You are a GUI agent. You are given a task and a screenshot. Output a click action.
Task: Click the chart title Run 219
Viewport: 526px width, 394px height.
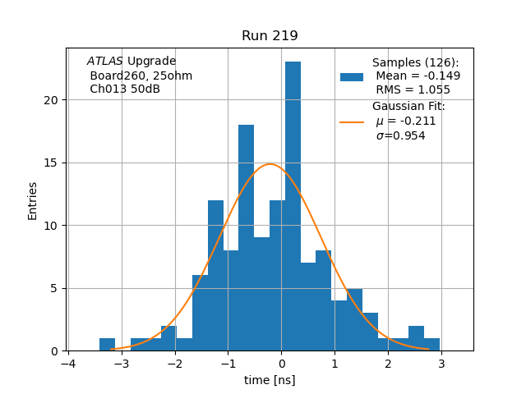pos(270,36)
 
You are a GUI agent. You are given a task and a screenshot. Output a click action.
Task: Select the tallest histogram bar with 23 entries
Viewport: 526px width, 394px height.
pos(293,205)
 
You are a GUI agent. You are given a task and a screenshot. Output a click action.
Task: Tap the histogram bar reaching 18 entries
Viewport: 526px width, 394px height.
pos(246,238)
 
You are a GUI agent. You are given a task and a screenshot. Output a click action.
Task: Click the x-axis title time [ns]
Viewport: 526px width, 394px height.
pos(270,380)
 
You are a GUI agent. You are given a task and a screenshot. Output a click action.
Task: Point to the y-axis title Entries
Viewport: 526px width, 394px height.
pos(33,200)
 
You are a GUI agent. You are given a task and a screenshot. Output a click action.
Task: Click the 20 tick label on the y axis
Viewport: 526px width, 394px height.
pos(52,100)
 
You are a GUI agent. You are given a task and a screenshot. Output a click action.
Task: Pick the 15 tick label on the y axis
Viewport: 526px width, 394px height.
pos(52,163)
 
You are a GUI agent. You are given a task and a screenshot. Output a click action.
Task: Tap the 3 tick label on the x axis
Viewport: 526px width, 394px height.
pos(441,364)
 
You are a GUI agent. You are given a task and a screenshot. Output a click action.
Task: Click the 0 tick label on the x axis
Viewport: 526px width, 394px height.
pos(282,364)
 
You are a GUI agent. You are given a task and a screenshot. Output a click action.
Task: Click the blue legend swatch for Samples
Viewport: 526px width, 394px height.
pos(352,76)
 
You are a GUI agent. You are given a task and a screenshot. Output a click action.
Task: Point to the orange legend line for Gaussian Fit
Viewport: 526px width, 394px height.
pos(352,121)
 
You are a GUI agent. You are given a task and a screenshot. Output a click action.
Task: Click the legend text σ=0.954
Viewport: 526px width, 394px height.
pos(400,136)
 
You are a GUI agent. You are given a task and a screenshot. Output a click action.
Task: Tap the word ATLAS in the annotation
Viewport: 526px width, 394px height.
pos(105,62)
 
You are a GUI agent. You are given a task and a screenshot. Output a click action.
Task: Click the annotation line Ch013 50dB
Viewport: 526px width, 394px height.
pos(125,89)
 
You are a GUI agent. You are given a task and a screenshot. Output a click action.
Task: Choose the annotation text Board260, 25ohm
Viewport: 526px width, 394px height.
pos(141,76)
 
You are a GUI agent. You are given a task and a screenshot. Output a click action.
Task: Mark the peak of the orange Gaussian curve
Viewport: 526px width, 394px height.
pos(270,164)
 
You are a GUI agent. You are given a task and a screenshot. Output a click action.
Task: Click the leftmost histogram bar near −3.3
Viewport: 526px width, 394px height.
pos(107,345)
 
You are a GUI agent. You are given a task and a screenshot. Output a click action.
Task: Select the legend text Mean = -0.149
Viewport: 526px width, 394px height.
pos(418,76)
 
